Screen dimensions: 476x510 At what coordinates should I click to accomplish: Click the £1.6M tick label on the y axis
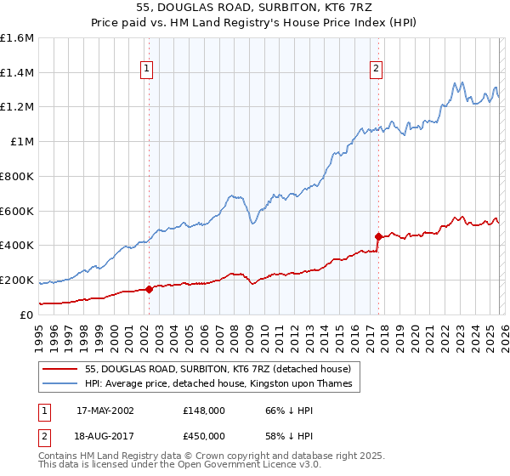click(17, 38)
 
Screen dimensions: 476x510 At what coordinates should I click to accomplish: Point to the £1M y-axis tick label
click(21, 142)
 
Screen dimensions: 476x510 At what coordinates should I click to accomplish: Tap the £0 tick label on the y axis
click(27, 314)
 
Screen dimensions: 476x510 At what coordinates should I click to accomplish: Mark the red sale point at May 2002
click(150, 289)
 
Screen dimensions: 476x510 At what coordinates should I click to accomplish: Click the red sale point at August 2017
click(379, 236)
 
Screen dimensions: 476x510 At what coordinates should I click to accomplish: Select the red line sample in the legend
click(61, 368)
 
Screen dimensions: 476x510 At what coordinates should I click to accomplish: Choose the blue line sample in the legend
click(61, 383)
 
